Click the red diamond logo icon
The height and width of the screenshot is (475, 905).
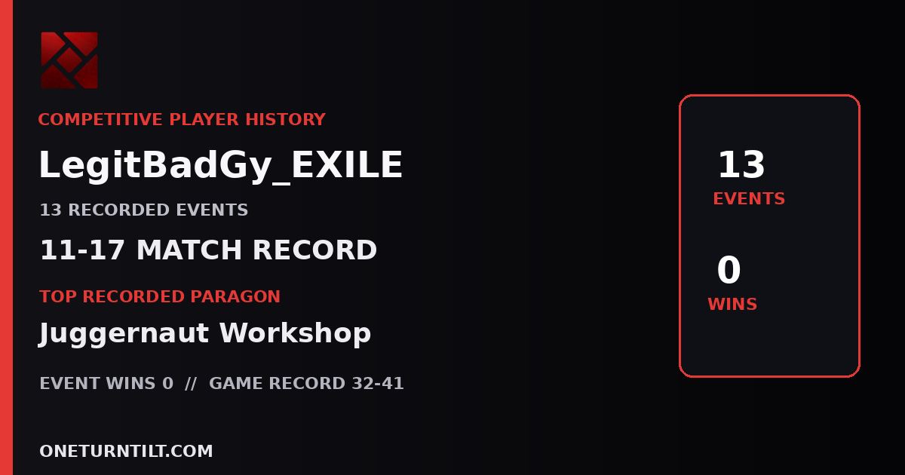[69, 60]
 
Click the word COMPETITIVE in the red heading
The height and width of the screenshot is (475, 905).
[100, 120]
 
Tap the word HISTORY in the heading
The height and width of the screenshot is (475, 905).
[286, 120]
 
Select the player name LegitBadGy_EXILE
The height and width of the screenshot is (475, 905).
[220, 165]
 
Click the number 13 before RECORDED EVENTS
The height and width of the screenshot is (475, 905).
[51, 210]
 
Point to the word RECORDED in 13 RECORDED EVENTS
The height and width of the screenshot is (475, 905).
[119, 210]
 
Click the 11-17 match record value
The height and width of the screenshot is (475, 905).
[82, 250]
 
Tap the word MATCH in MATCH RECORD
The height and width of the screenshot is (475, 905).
[189, 250]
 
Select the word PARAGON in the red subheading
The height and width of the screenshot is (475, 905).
[235, 296]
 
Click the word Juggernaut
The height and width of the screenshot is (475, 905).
[124, 333]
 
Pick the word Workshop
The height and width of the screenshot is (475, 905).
[295, 332]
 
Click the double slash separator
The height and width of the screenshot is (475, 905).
[191, 383]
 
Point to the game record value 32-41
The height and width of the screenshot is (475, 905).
[378, 383]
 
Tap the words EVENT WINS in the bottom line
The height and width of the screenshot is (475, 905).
[97, 383]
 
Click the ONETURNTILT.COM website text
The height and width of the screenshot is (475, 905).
[126, 451]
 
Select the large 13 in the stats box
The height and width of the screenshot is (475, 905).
[741, 164]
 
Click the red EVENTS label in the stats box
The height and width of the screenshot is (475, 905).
[749, 199]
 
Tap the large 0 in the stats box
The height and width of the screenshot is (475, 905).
[729, 269]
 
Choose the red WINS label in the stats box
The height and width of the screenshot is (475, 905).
[732, 304]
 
